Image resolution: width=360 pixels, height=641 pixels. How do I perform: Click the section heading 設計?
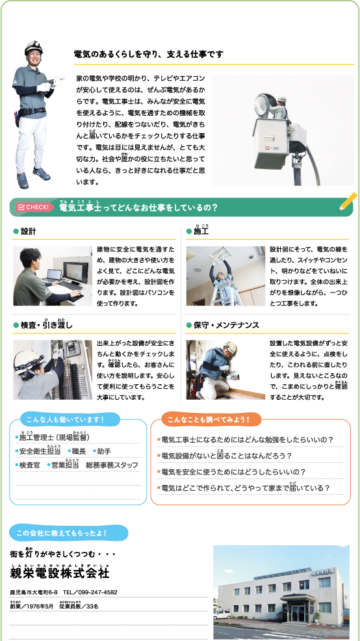click(28, 231)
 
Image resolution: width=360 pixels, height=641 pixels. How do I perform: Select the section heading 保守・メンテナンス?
click(226, 325)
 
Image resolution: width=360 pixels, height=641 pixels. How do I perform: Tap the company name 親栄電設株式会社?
click(60, 573)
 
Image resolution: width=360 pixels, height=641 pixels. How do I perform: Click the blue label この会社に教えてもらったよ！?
click(68, 533)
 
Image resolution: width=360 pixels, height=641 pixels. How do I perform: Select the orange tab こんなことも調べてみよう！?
click(206, 419)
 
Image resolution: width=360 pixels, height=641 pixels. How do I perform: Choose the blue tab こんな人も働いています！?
click(66, 419)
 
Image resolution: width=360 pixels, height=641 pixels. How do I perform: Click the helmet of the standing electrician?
click(33, 47)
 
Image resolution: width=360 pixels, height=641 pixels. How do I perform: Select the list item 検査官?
click(29, 465)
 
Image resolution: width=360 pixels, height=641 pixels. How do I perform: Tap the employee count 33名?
click(92, 607)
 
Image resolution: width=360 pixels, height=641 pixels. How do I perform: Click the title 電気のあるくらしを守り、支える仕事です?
click(148, 55)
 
